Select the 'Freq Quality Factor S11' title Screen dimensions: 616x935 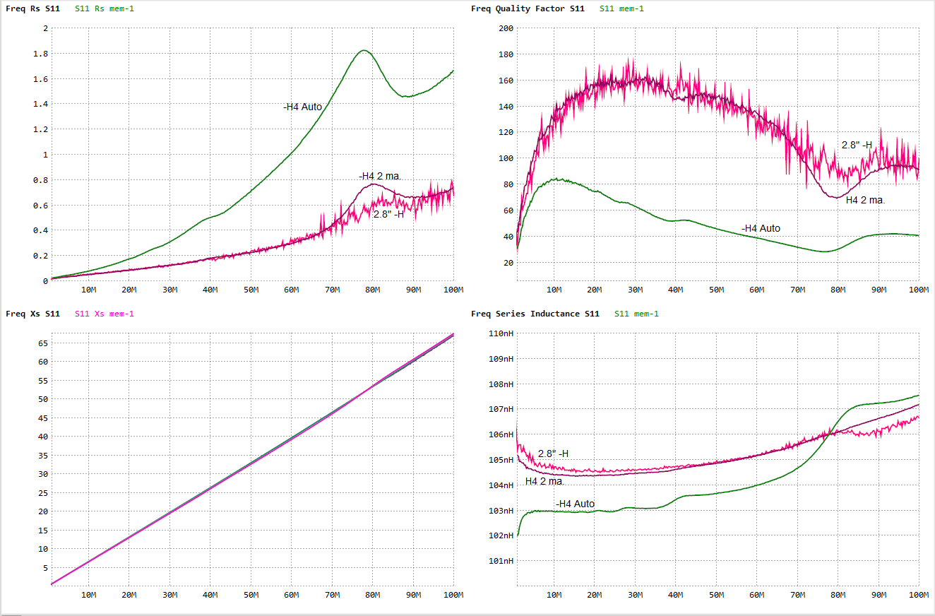click(x=528, y=8)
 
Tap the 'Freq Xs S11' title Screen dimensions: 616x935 click(x=32, y=314)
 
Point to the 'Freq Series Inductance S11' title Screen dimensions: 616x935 click(x=535, y=314)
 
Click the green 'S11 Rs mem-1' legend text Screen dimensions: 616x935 click(x=104, y=8)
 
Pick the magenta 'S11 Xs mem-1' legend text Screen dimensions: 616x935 click(x=104, y=314)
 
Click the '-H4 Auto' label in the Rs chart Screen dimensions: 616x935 click(x=302, y=107)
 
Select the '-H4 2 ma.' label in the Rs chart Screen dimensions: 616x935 click(x=380, y=176)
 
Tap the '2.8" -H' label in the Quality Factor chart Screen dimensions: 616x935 click(x=857, y=145)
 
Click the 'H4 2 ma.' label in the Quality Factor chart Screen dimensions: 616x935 click(x=865, y=200)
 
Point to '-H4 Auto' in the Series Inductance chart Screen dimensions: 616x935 click(x=575, y=504)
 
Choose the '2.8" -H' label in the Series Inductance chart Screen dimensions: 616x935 click(x=553, y=454)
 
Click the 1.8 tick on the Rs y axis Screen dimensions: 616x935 click(x=41, y=54)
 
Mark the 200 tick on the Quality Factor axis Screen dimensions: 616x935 click(x=506, y=28)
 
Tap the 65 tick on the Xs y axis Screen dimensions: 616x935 click(x=42, y=343)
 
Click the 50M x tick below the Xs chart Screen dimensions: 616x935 click(x=251, y=596)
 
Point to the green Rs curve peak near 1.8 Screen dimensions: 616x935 click(x=364, y=50)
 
